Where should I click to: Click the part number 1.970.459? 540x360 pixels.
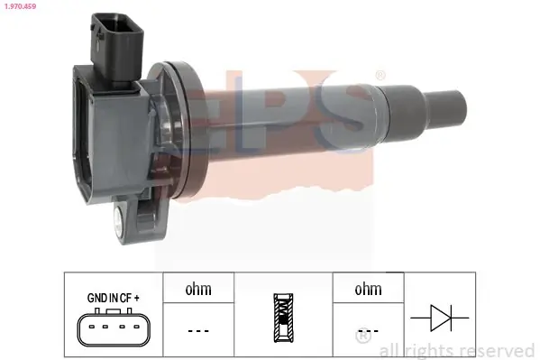pos(20,6)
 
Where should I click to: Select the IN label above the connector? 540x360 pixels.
pos(114,298)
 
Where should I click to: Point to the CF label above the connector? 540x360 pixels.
pos(125,298)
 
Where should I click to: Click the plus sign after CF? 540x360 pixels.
pos(137,298)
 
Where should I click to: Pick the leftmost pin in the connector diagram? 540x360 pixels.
pos(92,327)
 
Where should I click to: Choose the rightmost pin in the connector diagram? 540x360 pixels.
pos(137,327)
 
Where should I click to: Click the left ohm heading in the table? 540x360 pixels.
pos(198,289)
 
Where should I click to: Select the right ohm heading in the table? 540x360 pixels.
pos(368,289)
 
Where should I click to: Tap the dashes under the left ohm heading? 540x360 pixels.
pos(198,331)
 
